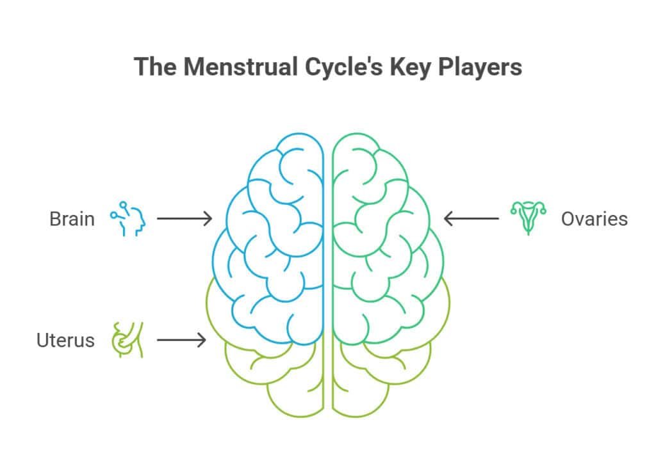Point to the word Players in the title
480,67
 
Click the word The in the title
155,67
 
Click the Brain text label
72,219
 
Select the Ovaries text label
594,219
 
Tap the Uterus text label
65,340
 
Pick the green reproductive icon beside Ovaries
529,218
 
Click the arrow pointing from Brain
184,219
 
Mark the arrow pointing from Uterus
181,340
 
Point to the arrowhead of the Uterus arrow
203,340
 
